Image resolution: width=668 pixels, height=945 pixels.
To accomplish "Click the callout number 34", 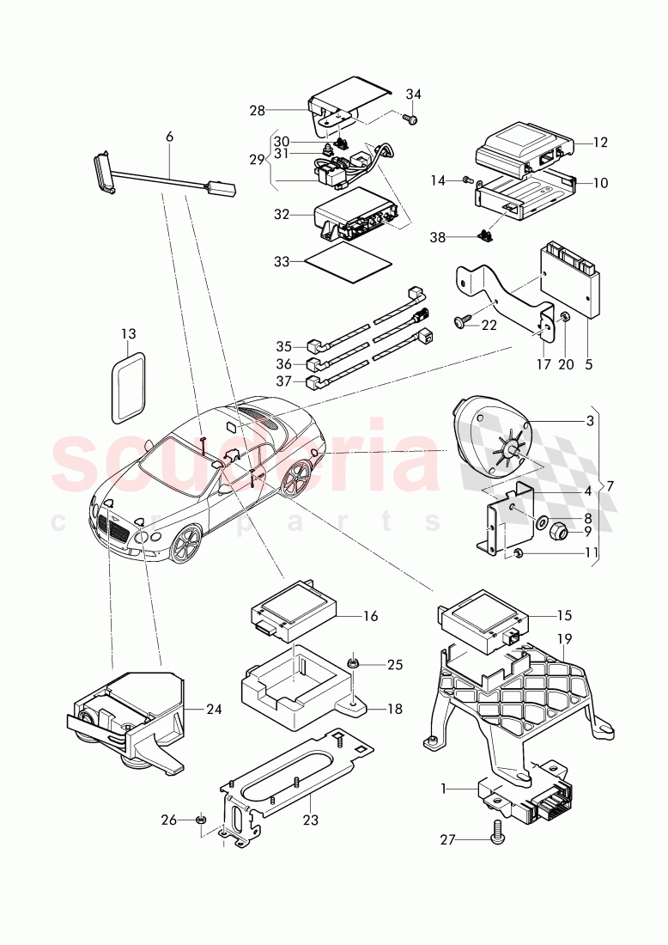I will point(414,94).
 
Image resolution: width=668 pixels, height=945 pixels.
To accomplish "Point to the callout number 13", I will point(128,333).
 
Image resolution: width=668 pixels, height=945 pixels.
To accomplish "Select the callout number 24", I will point(214,710).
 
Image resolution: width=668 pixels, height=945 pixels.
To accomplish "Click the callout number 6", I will point(169,137).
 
